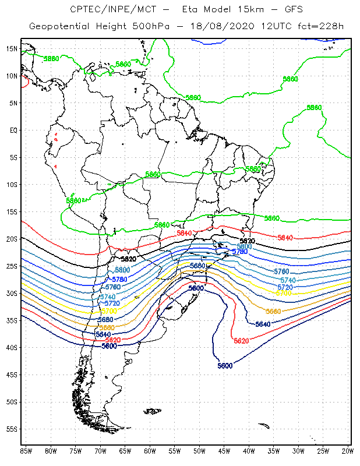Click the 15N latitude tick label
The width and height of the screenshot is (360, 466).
coord(12,48)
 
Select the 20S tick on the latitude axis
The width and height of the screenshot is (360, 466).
coord(12,239)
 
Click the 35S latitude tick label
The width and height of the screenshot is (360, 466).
coord(12,320)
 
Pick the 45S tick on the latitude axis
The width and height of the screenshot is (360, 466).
coord(12,375)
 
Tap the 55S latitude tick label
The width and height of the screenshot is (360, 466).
coord(12,429)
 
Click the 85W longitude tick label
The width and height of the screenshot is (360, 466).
coord(26,451)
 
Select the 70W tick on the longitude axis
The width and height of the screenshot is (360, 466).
coord(100,451)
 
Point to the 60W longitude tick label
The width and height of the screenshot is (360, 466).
coord(150,451)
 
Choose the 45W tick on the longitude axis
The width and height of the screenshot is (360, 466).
coord(224,451)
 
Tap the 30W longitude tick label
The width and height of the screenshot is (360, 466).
coord(298,451)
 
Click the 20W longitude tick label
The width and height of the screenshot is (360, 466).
coord(348,451)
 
